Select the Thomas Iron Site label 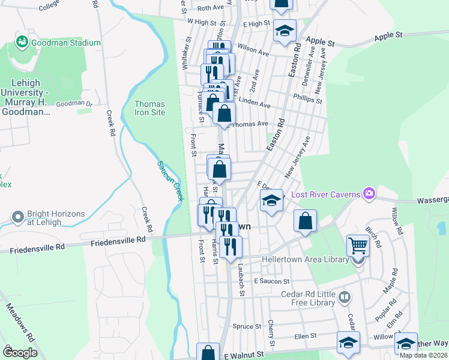pos(149,108)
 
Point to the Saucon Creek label pos(169,181)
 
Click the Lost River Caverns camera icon pos(369,193)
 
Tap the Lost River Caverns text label pos(325,194)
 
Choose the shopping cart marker pos(358,245)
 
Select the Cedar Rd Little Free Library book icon pos(345,297)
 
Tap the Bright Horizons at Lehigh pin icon pos(19,217)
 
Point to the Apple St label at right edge pos(388,36)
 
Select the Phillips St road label pos(307,98)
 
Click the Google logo pos(20,353)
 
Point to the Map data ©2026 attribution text pos(424,355)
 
